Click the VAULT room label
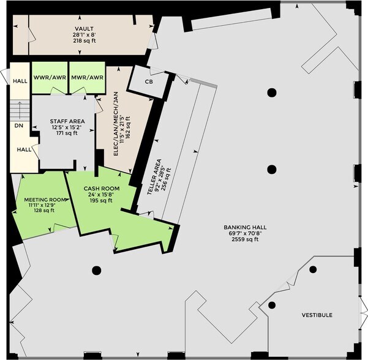[x=84, y=29]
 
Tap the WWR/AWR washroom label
[x=50, y=77]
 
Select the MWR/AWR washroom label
[x=88, y=77]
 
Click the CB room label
[x=149, y=81]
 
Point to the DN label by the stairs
[x=19, y=126]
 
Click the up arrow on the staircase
[x=20, y=110]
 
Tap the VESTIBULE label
[x=317, y=315]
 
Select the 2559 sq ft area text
[x=245, y=239]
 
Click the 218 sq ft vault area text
[x=84, y=40]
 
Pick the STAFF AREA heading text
[x=67, y=121]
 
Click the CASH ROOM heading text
[x=102, y=189]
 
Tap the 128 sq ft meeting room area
[x=44, y=210]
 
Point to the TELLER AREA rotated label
[x=154, y=177]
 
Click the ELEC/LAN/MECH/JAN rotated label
[x=116, y=124]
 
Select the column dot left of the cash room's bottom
[x=97, y=271]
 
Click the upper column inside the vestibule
[x=313, y=269]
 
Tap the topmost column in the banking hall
[x=272, y=92]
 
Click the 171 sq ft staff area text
[x=67, y=133]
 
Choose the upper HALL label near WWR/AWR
[x=20, y=81]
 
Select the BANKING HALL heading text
[x=245, y=227]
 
